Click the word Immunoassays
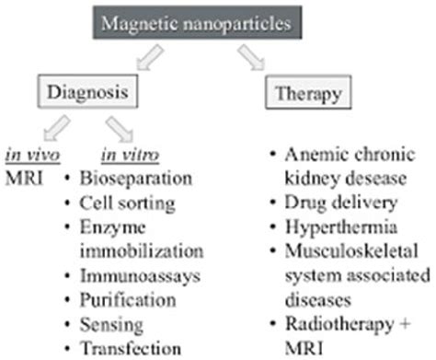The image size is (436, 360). pos(134,273)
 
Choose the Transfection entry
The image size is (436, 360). pos(128,348)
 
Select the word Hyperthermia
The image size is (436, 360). pos(341,224)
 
